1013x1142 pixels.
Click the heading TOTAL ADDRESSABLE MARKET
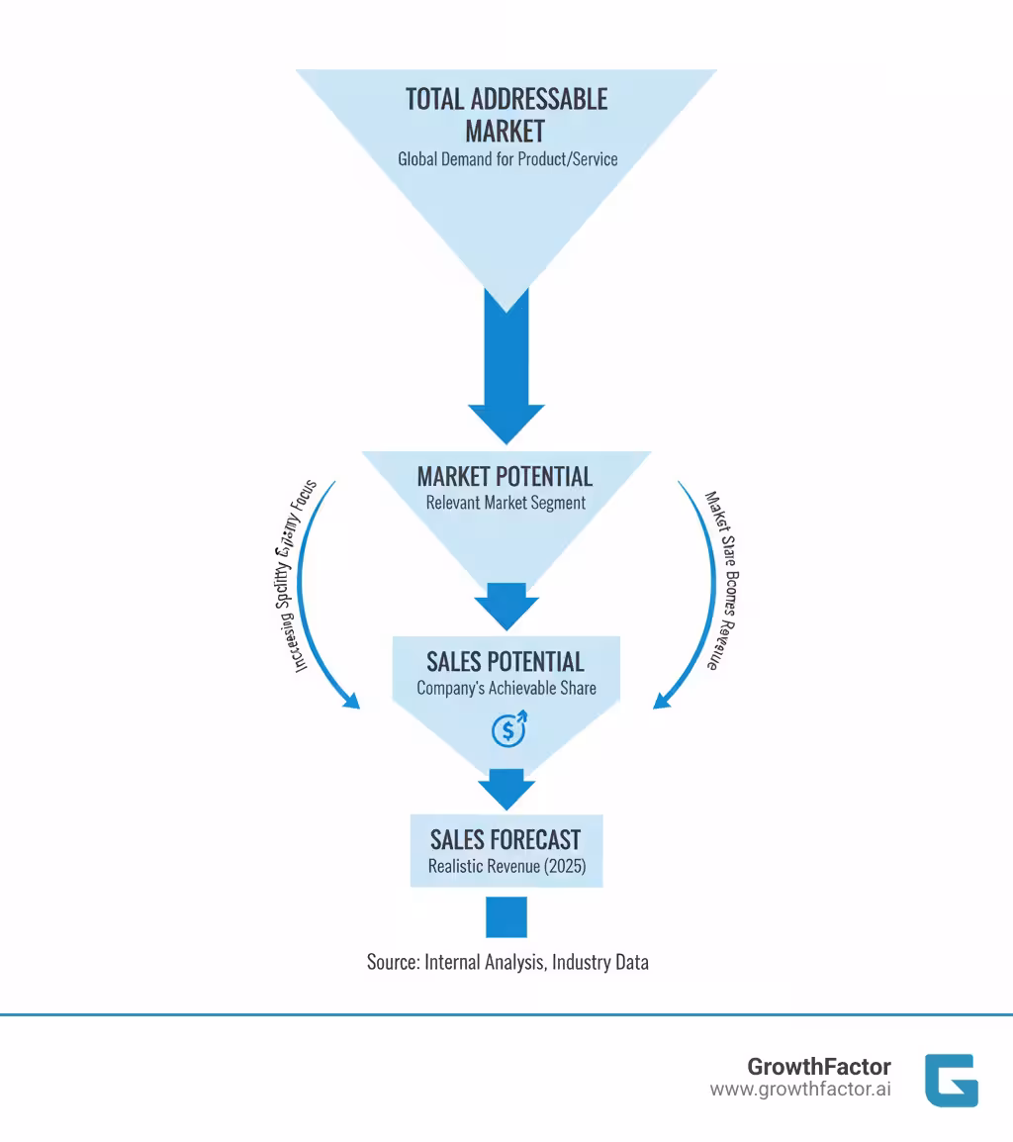pyautogui.click(x=506, y=114)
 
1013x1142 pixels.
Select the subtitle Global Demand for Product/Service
pyautogui.click(x=507, y=158)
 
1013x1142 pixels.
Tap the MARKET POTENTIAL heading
pyautogui.click(x=505, y=476)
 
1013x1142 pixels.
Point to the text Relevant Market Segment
pyautogui.click(x=506, y=503)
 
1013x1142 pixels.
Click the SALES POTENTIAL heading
pyautogui.click(x=506, y=661)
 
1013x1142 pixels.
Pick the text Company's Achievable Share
pyautogui.click(x=506, y=688)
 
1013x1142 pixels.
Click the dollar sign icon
pyautogui.click(x=508, y=730)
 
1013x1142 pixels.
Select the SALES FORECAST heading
pyautogui.click(x=506, y=839)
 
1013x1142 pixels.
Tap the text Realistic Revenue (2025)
pyautogui.click(x=506, y=866)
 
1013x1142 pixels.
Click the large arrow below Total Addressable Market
pyautogui.click(x=506, y=376)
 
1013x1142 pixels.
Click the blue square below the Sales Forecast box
pyautogui.click(x=506, y=916)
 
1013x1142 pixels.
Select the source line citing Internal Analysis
pyautogui.click(x=507, y=961)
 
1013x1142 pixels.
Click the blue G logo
pyautogui.click(x=951, y=1080)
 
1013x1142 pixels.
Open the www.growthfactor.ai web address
pyautogui.click(x=799, y=1090)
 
